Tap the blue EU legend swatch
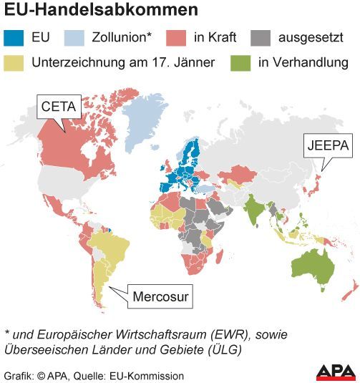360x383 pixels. (x=15, y=37)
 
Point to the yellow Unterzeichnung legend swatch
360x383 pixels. (x=15, y=62)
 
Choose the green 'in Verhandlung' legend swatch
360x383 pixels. (x=240, y=62)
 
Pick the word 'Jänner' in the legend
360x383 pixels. (x=195, y=63)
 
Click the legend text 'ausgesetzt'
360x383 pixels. (x=312, y=37)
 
